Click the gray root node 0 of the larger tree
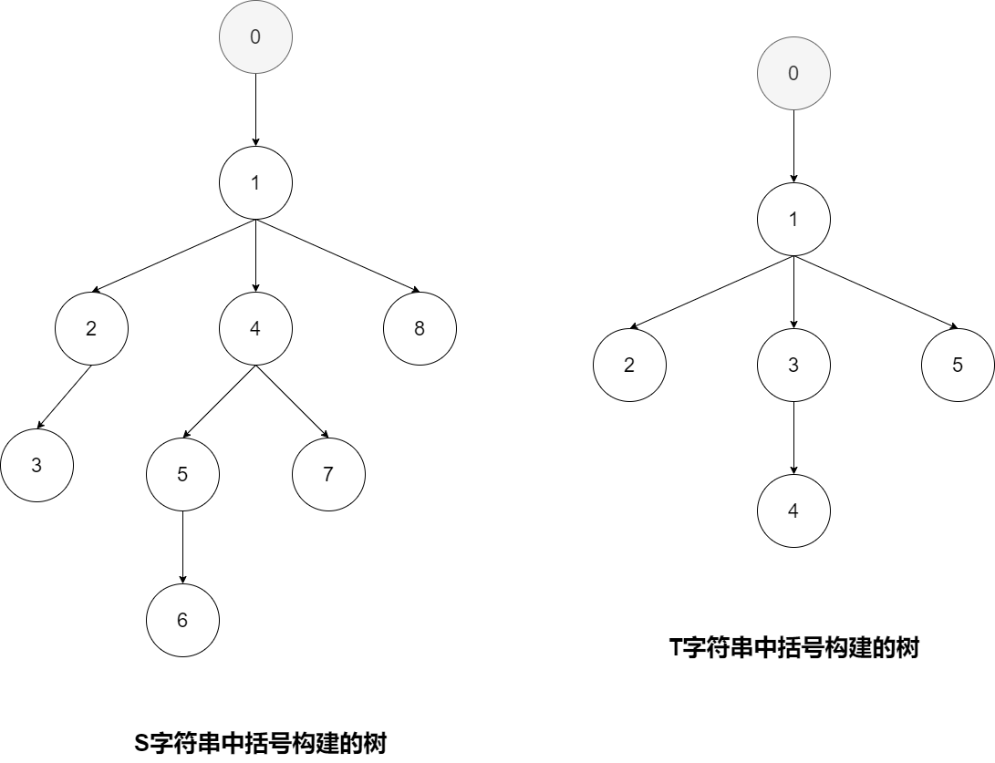255,37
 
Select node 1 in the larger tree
255,182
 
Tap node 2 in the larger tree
91,328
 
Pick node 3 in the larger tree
36,465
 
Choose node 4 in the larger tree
255,328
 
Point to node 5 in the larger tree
182,474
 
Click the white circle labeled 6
182,620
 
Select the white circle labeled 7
328,474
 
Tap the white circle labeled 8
420,328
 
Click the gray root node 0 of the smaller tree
793,74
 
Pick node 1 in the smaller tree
793,219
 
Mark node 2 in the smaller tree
629,365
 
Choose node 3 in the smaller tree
793,365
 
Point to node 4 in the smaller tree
793,510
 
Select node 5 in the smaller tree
958,365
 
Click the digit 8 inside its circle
420,328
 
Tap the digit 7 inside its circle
328,474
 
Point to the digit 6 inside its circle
182,620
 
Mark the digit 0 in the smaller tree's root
793,74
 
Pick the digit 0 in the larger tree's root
255,37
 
